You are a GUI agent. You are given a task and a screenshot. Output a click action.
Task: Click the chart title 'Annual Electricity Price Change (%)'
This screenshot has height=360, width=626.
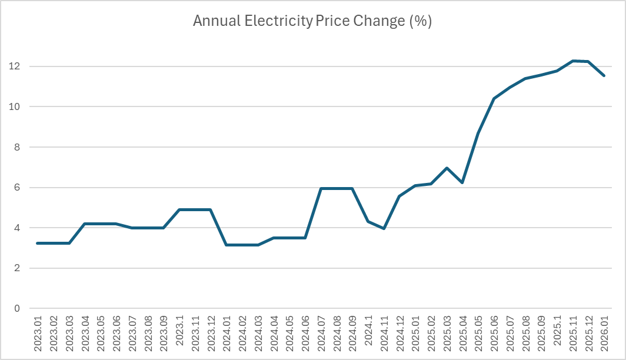pos(312,22)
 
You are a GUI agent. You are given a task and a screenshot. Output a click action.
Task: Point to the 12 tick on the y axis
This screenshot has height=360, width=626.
pos(16,66)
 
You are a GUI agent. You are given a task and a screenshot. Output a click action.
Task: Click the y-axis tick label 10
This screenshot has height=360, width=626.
pos(16,106)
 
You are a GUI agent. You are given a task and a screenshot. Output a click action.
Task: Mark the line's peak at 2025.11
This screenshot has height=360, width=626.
pos(572,61)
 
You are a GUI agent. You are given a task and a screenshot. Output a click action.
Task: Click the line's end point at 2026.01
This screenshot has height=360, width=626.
pos(604,75)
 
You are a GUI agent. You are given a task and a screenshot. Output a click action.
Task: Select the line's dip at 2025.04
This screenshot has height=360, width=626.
pos(462,182)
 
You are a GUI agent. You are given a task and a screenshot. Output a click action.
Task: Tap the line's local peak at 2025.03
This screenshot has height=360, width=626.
pos(447,168)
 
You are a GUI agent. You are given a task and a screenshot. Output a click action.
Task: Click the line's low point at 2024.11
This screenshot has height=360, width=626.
pos(384,228)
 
